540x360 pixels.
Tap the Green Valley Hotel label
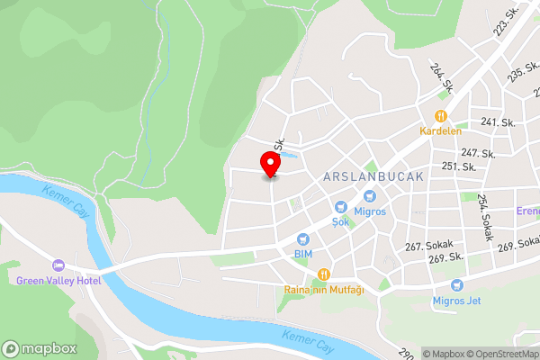pos(59,280)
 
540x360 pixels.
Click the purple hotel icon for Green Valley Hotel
pos(59,265)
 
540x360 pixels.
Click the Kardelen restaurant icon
pos(440,115)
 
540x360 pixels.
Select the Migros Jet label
pos(463,300)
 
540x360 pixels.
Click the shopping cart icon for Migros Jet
pos(458,285)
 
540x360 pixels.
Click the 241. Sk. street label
pos(497,121)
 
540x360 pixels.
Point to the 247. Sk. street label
pos(478,154)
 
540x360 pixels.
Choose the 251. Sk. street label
pos(459,166)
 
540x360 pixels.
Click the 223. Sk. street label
pos(506,28)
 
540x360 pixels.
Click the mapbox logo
pos(40,348)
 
